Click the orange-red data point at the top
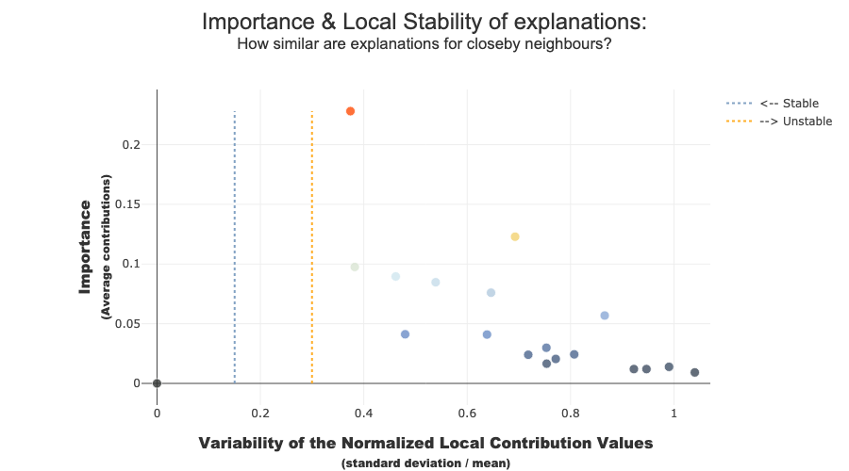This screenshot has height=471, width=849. pos(350,111)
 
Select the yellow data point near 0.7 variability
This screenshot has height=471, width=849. pos(515,236)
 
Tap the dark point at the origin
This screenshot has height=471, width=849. pos(157,383)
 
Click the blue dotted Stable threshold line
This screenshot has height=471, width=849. pos(235,247)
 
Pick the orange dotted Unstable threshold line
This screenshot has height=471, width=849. pos(312,247)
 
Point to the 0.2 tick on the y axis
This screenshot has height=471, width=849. pos(131,145)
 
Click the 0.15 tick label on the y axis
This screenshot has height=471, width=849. pos(127,204)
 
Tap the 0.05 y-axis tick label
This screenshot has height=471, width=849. pos(127,324)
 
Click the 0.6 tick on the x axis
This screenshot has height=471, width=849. pos(467,414)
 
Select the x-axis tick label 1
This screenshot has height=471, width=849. pos(674,414)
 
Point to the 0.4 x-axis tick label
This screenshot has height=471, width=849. pos(363,414)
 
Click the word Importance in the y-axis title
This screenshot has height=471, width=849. pos(85,247)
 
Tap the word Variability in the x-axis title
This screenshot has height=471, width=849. pos(241,444)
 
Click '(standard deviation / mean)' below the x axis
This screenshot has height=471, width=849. pos(425,463)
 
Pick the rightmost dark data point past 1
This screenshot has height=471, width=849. pos(694,373)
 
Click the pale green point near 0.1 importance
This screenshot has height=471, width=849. pos(355,268)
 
